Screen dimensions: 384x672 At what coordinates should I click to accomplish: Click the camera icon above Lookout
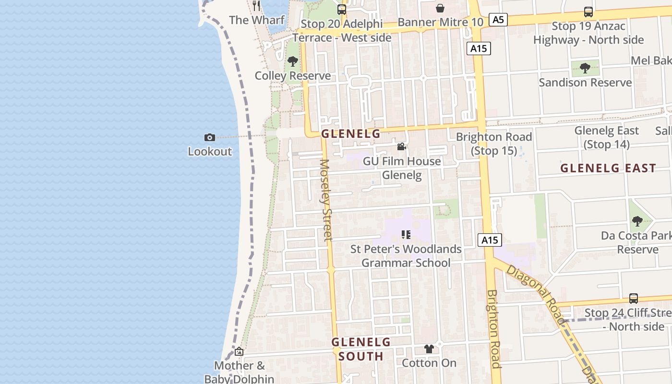point(210,138)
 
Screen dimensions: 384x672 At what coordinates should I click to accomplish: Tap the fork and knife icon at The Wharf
point(256,6)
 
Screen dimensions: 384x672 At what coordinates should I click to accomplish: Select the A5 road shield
point(498,20)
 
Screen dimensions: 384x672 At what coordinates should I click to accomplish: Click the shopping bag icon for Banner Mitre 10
point(440,8)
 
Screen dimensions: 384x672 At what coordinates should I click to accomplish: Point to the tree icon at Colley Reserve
point(292,61)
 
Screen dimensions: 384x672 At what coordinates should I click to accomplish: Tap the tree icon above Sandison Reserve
point(585,68)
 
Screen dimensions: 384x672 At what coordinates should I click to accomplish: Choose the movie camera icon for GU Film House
point(401,146)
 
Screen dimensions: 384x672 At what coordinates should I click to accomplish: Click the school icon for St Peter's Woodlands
point(406,235)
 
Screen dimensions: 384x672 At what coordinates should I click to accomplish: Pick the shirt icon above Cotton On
point(429,349)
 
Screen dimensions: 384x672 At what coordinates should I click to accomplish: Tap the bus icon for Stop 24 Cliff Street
point(634,298)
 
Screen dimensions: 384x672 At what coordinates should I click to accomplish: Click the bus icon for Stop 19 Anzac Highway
point(588,12)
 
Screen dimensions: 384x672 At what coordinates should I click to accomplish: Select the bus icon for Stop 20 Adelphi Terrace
point(341,9)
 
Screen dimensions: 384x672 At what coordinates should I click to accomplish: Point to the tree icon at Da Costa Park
point(637,221)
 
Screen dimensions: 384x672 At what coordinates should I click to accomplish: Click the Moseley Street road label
point(326,200)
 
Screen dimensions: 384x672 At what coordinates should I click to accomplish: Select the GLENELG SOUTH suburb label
point(361,349)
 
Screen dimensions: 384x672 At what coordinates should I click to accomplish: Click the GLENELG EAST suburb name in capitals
point(608,168)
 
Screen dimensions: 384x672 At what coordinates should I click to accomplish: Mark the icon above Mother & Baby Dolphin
point(239,352)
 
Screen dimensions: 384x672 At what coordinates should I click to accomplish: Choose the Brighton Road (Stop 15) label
point(494,144)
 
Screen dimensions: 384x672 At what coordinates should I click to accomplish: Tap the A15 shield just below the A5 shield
point(479,48)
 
